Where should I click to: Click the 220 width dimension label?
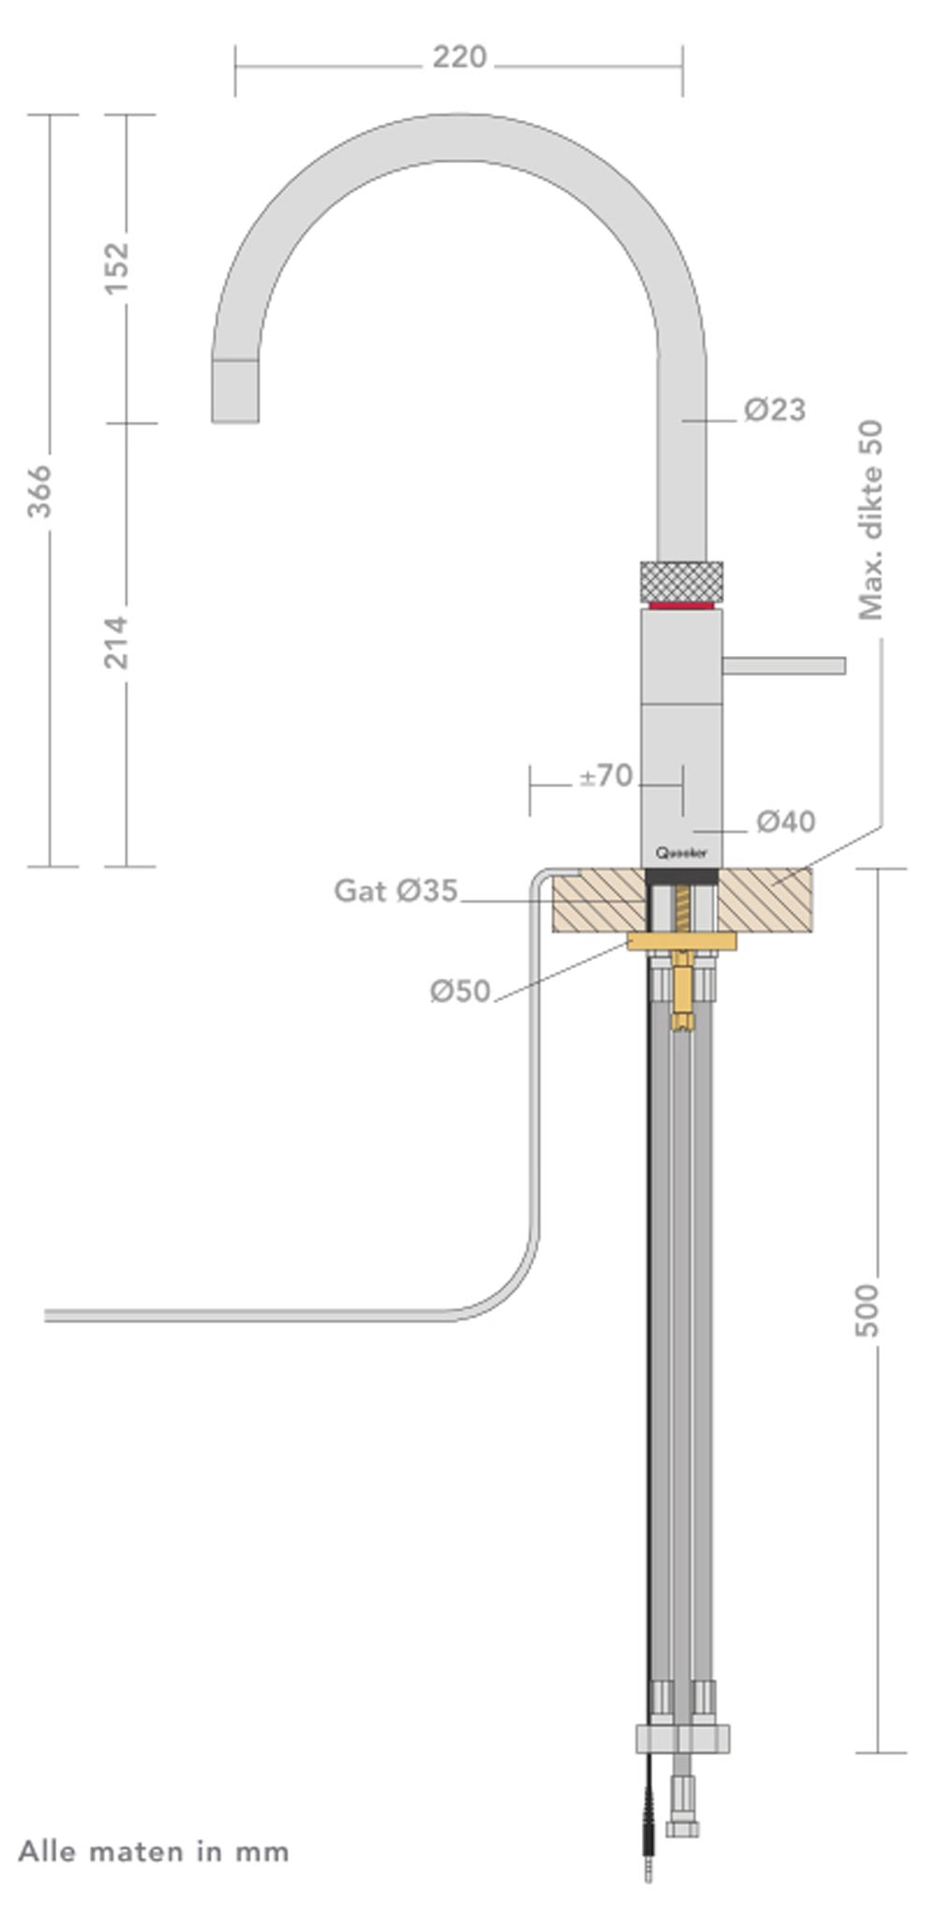(459, 58)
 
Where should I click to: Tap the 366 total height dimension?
(40, 490)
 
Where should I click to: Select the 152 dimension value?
(116, 268)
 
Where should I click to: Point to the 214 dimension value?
(116, 642)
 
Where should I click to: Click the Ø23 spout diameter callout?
(775, 411)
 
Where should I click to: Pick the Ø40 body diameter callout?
(786, 822)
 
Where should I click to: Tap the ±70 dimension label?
(606, 776)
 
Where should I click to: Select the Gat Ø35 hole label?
(395, 890)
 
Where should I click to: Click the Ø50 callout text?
(460, 991)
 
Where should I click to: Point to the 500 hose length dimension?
(869, 1310)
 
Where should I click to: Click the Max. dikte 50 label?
(871, 520)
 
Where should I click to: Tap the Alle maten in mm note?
(154, 1851)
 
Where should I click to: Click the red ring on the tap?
(681, 605)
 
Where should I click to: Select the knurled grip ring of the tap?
(681, 581)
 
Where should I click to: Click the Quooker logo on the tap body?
(681, 853)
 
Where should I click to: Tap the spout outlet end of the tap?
(234, 392)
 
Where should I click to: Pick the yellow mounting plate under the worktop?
(681, 941)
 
